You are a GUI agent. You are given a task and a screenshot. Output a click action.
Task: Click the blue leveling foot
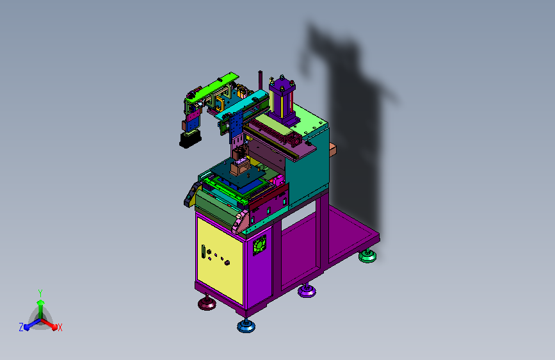(x=246, y=325)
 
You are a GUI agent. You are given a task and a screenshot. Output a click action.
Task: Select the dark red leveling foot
(x=207, y=303)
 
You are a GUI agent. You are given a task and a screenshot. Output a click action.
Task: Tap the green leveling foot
(x=367, y=256)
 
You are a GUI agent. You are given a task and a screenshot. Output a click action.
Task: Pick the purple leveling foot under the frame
(x=307, y=290)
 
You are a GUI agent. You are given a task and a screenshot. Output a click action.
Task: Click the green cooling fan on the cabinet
(x=259, y=245)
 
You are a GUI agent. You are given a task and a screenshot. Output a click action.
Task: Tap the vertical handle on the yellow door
(x=204, y=252)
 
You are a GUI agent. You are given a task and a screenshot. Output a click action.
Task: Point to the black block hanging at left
(x=190, y=139)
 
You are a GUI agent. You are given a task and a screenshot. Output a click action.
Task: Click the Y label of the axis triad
(x=40, y=293)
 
